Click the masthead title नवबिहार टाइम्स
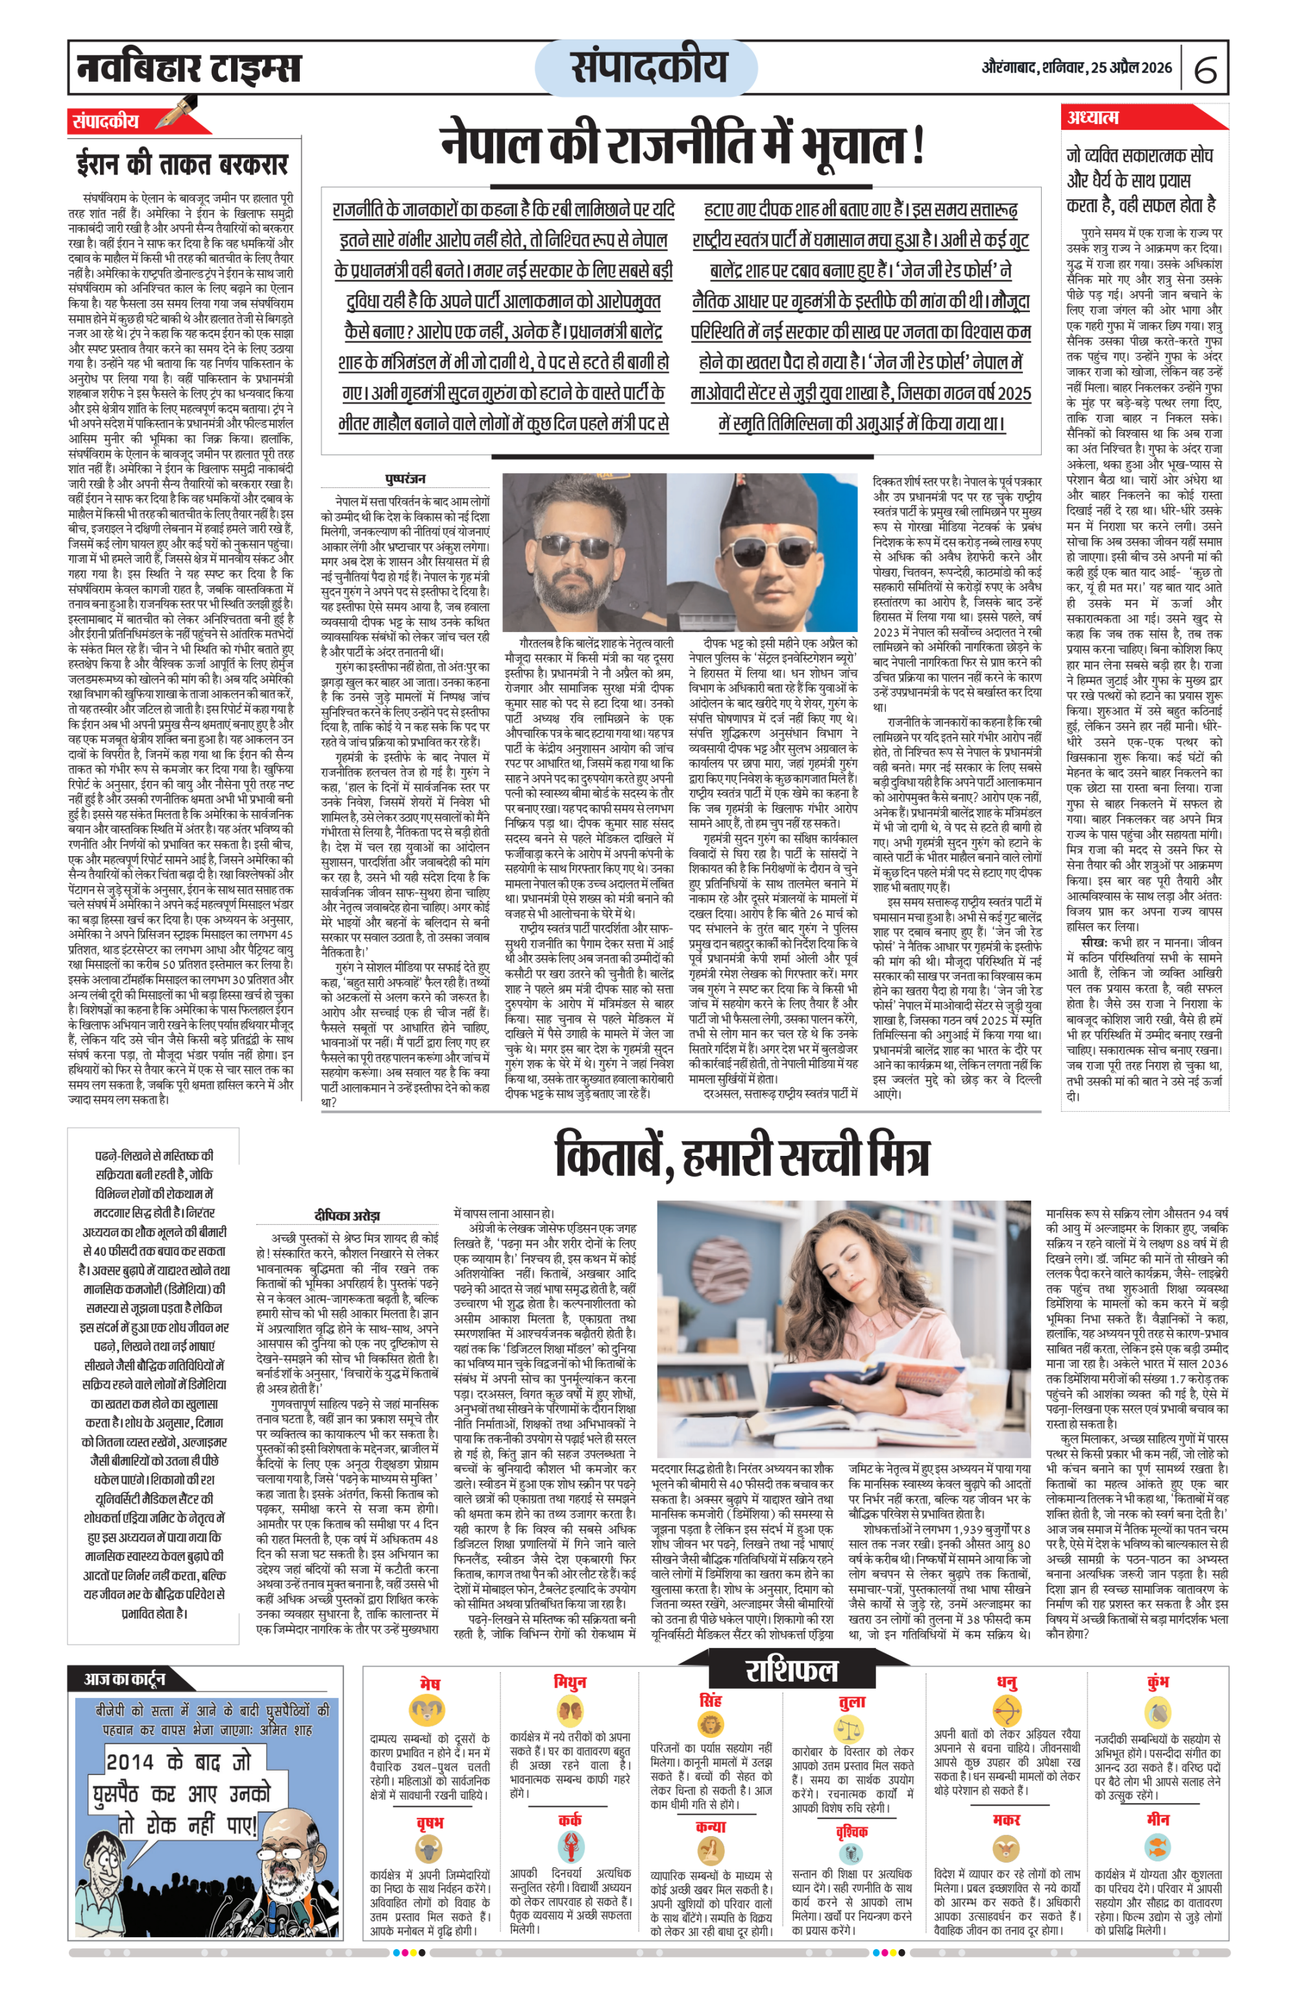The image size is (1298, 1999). pos(188,67)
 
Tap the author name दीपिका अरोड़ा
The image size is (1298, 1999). pos(347,1216)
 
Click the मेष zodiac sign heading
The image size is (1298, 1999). pos(429,1683)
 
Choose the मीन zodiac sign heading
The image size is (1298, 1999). pos(1158,1819)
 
